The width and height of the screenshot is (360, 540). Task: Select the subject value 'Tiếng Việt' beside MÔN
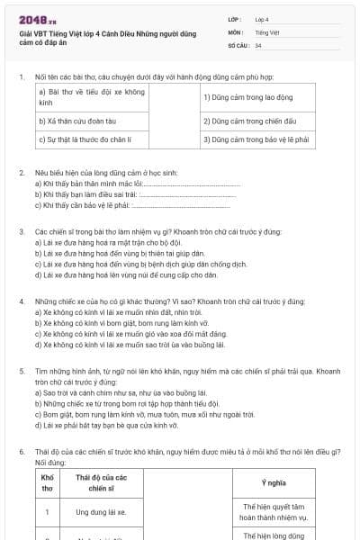(267, 31)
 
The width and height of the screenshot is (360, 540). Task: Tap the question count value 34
(258, 45)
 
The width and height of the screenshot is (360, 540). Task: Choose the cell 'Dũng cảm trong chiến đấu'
(244, 120)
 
